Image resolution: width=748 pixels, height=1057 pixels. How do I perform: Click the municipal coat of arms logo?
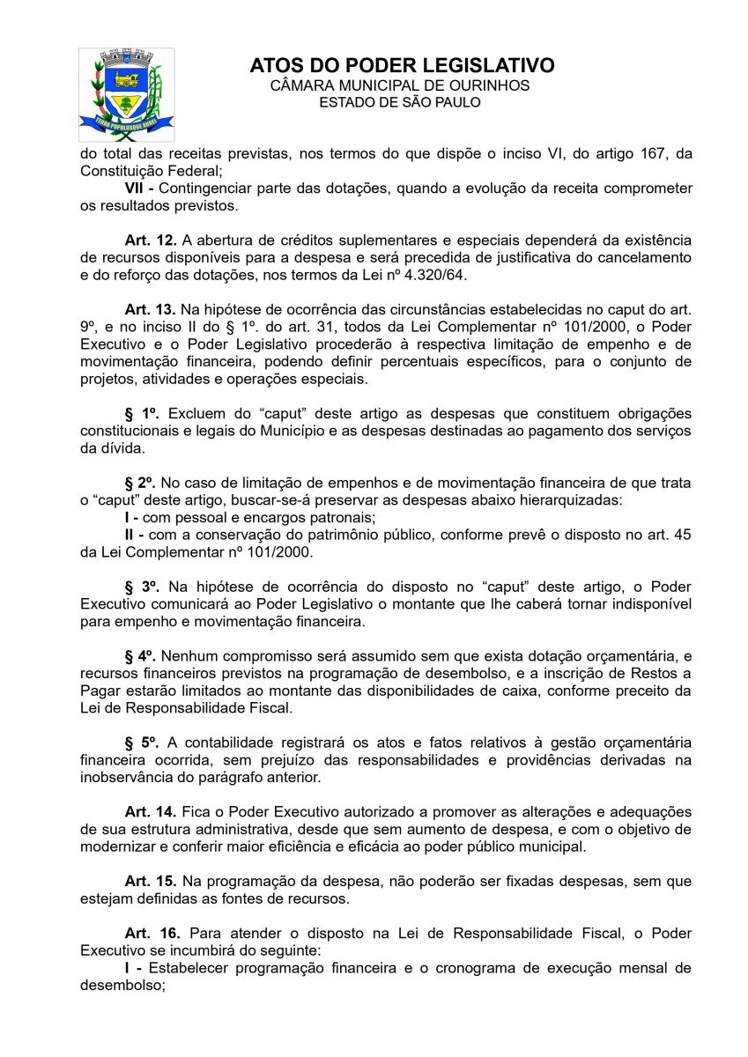[126, 94]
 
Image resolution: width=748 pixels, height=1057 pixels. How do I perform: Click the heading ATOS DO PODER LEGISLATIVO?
[402, 66]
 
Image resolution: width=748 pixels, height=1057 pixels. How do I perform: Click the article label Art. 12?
[151, 240]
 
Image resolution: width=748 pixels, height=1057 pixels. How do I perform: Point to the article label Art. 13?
[151, 309]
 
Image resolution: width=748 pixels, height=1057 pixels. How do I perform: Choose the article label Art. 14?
[151, 811]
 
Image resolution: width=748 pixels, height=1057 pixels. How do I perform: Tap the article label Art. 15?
[151, 881]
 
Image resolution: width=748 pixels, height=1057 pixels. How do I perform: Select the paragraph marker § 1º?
[142, 413]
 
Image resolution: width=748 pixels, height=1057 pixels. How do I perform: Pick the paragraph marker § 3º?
[142, 587]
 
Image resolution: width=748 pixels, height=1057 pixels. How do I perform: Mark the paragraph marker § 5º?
[142, 743]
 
